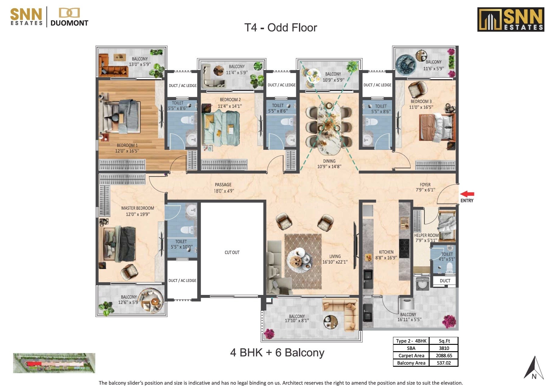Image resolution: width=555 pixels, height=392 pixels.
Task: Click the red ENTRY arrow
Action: point(467,194)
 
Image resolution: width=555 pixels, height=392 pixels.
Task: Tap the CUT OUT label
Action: point(232,252)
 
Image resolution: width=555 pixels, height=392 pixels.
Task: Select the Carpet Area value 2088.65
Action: point(444,355)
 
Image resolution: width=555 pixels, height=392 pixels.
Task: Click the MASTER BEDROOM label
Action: point(138,208)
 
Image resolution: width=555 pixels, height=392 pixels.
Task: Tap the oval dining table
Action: point(329,128)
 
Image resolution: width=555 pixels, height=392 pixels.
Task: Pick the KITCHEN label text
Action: point(386,252)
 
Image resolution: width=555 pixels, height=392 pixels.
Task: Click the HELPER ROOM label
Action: point(426,235)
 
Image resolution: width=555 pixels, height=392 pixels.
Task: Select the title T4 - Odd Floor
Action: point(280,28)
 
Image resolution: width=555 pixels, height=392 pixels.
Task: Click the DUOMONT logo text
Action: point(69,23)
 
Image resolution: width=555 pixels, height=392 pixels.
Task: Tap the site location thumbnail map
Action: point(54,363)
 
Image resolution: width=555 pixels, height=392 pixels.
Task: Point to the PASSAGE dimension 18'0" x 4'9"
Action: point(224,191)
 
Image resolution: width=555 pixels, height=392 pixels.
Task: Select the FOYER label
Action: point(425,184)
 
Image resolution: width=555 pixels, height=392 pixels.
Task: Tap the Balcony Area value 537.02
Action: point(444,363)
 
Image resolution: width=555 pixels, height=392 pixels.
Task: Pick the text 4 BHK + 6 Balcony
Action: point(277,352)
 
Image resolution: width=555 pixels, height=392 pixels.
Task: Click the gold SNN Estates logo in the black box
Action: point(511,19)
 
